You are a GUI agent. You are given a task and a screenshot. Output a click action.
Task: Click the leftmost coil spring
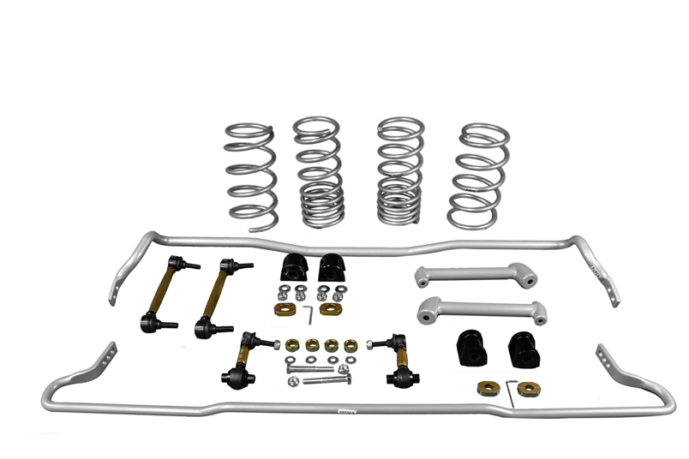(x=251, y=176)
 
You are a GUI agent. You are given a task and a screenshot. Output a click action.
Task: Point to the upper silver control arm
(x=476, y=275)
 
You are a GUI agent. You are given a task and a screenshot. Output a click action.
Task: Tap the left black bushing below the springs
(x=292, y=268)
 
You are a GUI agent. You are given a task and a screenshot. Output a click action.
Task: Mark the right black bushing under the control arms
(x=523, y=347)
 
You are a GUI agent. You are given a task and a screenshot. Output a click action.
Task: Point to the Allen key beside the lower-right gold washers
(x=511, y=390)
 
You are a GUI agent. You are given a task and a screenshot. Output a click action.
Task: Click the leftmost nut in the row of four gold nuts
(x=292, y=345)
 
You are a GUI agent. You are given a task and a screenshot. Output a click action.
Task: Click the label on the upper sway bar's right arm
(x=596, y=269)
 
